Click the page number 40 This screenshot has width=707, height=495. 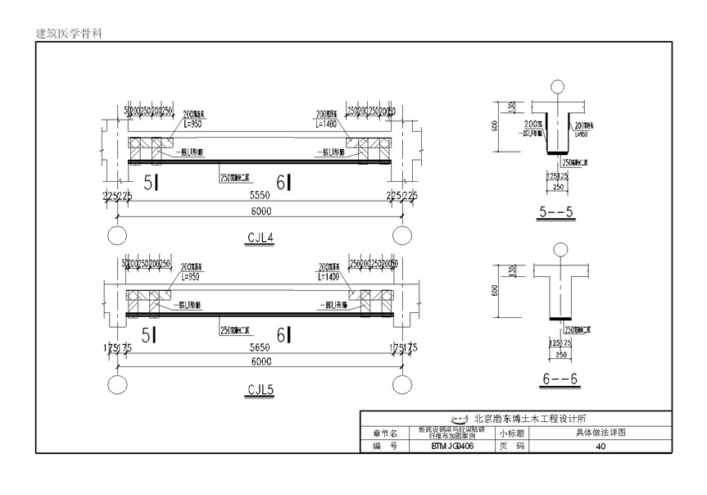tap(600, 447)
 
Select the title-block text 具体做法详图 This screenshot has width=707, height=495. tap(600, 432)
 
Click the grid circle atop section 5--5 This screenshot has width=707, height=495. tap(559, 86)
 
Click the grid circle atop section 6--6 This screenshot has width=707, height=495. tap(559, 248)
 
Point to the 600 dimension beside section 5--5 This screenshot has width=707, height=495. tap(495, 127)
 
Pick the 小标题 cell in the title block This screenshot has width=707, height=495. tap(514, 432)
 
